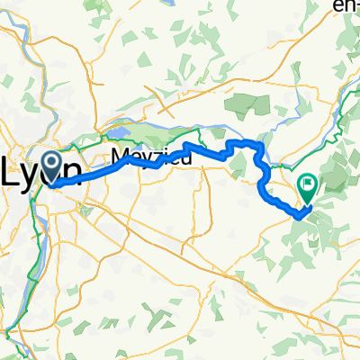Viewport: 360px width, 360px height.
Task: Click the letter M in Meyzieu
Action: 121,157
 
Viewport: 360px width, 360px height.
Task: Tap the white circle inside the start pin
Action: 52,162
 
